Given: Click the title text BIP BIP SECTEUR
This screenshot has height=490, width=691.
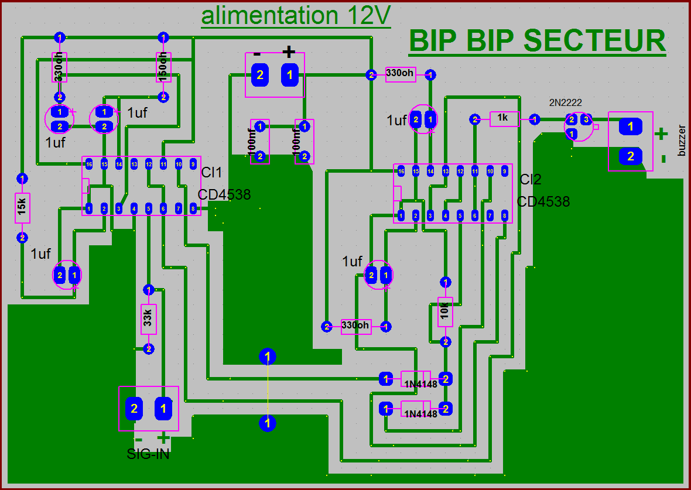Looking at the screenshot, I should [537, 41].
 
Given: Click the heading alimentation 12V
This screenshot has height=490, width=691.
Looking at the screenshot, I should [296, 16].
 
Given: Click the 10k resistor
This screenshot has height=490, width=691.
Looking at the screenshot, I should [446, 311].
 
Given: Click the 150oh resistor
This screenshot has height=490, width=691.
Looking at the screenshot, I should [163, 67].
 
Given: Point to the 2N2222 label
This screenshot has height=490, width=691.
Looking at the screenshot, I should [565, 102].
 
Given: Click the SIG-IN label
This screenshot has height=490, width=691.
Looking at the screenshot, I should [148, 454].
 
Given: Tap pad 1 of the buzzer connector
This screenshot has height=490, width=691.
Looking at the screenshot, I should [630, 126].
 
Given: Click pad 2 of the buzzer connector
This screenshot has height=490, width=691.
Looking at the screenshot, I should [630, 156].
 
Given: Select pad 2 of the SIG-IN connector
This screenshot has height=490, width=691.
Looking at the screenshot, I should [134, 408].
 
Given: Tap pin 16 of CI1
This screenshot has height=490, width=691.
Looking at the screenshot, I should [89, 164].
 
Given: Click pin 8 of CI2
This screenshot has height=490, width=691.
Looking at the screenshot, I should [505, 215].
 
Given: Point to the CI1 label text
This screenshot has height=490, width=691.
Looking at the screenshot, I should [212, 173].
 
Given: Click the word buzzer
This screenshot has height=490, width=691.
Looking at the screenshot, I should [680, 141].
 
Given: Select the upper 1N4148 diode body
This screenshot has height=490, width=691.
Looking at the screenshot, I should [415, 379].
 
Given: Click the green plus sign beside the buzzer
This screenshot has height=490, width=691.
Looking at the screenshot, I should [661, 134].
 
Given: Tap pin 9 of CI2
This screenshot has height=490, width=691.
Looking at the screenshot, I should [505, 172].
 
